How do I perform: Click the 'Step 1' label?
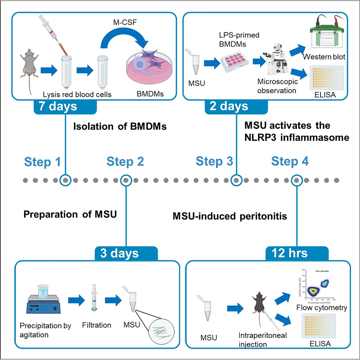coord(42,162)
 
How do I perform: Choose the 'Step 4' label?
coord(290,162)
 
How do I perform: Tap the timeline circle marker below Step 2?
coord(126,180)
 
